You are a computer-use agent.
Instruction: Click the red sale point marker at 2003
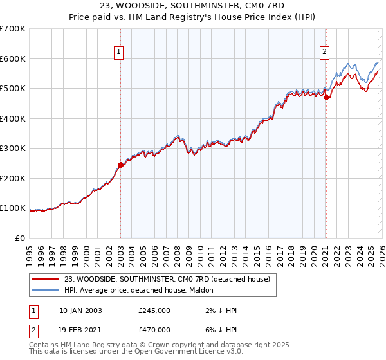coord(120,165)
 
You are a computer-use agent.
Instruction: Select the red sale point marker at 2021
coord(326,98)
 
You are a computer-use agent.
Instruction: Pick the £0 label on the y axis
coord(21,238)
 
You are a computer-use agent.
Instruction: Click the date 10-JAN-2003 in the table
coord(80,310)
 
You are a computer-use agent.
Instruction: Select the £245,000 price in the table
coord(154,310)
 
